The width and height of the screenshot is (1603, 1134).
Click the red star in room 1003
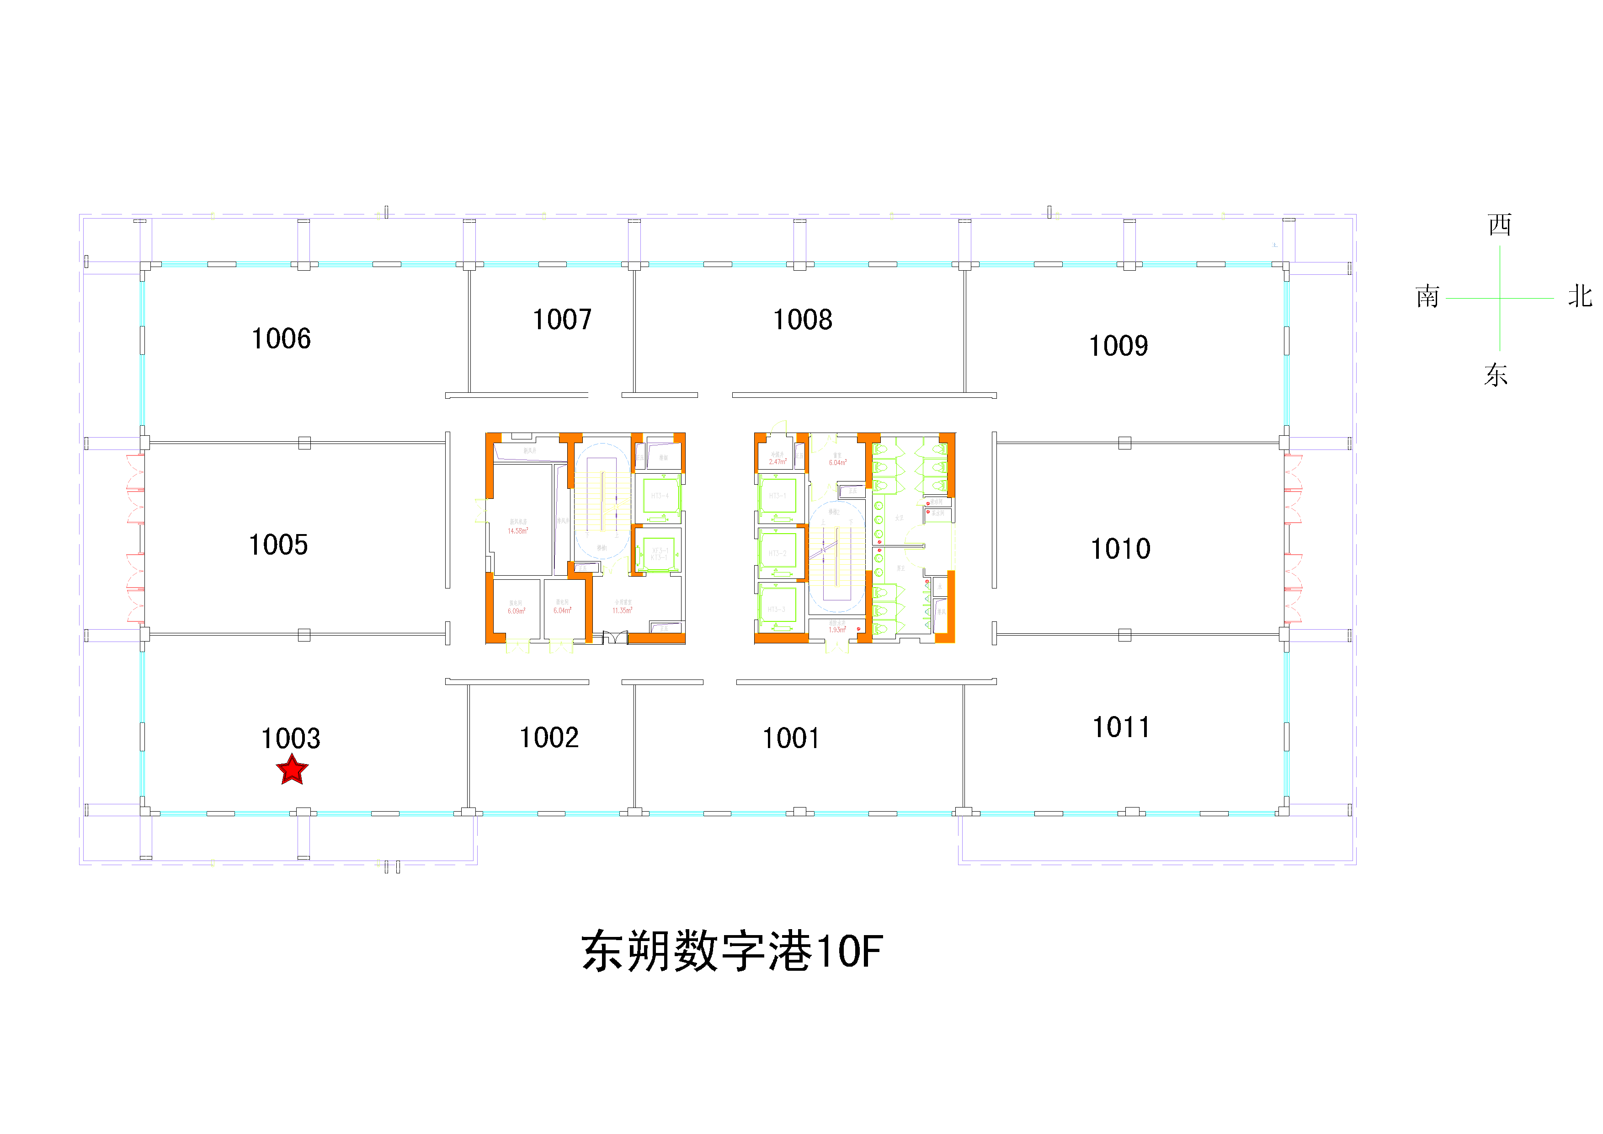coord(292,770)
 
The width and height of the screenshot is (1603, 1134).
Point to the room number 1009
coord(1118,346)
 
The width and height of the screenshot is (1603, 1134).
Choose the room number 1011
coord(1121,727)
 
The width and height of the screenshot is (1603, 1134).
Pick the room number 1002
coord(549,738)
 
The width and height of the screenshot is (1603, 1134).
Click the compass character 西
coord(1500,225)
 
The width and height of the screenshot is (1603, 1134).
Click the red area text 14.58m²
coord(518,531)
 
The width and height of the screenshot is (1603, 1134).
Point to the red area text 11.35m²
coord(622,611)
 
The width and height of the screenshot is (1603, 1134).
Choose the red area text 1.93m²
coord(836,630)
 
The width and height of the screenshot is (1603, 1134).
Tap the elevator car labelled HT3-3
coord(777,610)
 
